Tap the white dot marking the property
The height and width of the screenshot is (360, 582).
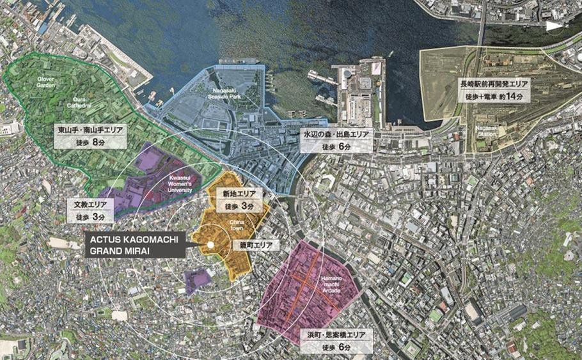tap(210, 246)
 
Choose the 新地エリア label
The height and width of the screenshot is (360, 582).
tap(239, 194)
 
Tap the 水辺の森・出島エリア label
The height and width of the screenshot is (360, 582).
tap(336, 135)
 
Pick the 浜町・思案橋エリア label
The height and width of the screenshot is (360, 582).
tap(335, 334)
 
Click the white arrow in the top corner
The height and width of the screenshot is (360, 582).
tap(554, 26)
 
